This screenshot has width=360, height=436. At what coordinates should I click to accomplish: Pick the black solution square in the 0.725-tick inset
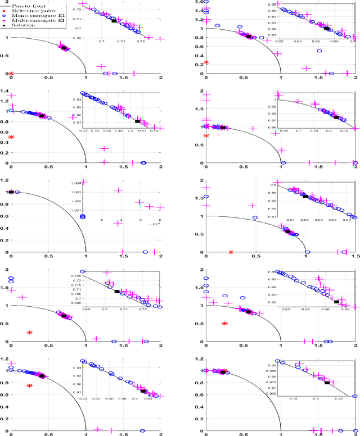[x=117, y=291]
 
